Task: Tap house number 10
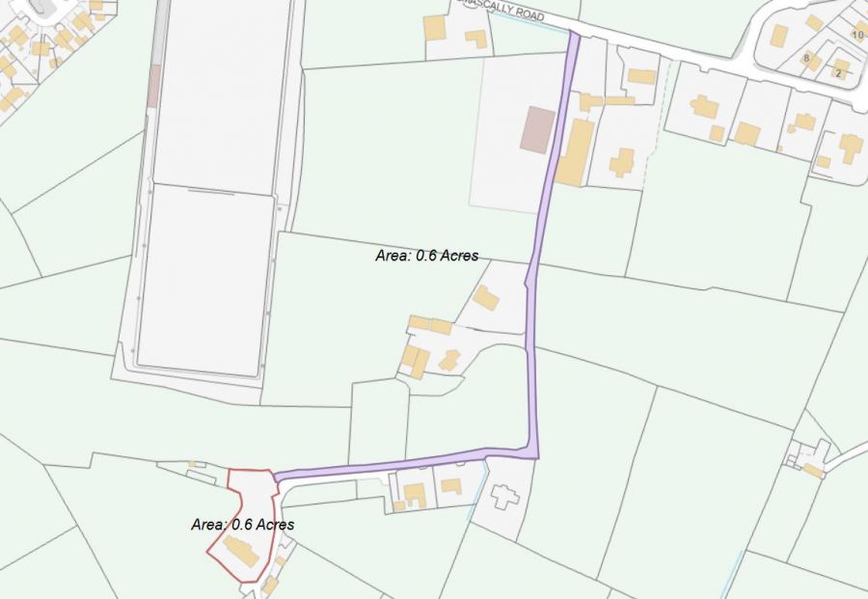857,35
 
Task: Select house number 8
806,58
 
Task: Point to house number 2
838,73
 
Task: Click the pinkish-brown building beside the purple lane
537,129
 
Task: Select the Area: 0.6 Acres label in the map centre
426,257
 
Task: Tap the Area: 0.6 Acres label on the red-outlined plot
242,524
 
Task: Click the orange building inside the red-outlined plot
240,552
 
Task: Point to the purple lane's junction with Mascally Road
574,37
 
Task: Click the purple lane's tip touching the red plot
278,476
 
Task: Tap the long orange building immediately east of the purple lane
576,151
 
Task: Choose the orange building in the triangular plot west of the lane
486,298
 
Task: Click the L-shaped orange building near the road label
475,39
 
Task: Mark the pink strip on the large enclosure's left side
153,87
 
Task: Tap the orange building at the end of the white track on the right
813,470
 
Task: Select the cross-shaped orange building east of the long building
622,161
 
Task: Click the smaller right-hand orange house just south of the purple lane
451,486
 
